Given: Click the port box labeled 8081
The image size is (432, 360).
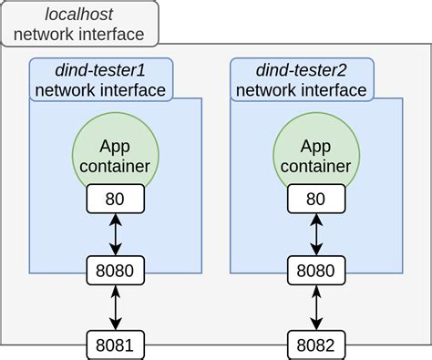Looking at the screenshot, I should pyautogui.click(x=115, y=345).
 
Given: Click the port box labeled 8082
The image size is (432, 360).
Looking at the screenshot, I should pyautogui.click(x=316, y=345).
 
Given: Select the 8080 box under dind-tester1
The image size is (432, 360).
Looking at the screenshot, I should pyautogui.click(x=115, y=270).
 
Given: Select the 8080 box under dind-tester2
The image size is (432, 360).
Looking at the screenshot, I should pyautogui.click(x=316, y=270).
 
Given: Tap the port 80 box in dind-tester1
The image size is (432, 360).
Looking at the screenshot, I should pyautogui.click(x=115, y=198).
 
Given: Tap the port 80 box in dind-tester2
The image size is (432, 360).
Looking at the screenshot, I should pyautogui.click(x=316, y=198).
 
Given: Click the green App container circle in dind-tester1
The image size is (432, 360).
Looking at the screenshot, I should pyautogui.click(x=115, y=146).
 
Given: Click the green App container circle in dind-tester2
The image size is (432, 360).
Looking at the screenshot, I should pyautogui.click(x=316, y=146).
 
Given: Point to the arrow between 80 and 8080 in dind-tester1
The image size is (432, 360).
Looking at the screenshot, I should pyautogui.click(x=115, y=234).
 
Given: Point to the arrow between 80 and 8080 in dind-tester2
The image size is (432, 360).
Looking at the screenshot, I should pyautogui.click(x=316, y=234).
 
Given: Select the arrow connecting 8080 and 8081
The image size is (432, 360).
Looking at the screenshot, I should pyautogui.click(x=115, y=308).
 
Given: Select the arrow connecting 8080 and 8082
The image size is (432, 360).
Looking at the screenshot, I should pyautogui.click(x=316, y=308).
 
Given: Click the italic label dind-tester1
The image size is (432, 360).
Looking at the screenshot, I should pyautogui.click(x=100, y=69).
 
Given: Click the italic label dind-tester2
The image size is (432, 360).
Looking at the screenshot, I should pyautogui.click(x=301, y=69).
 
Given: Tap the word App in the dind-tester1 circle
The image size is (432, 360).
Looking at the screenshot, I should pyautogui.click(x=115, y=146).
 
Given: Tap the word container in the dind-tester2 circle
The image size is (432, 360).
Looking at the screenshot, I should pyautogui.click(x=316, y=165).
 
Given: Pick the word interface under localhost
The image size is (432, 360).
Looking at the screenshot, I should pyautogui.click(x=110, y=35).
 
